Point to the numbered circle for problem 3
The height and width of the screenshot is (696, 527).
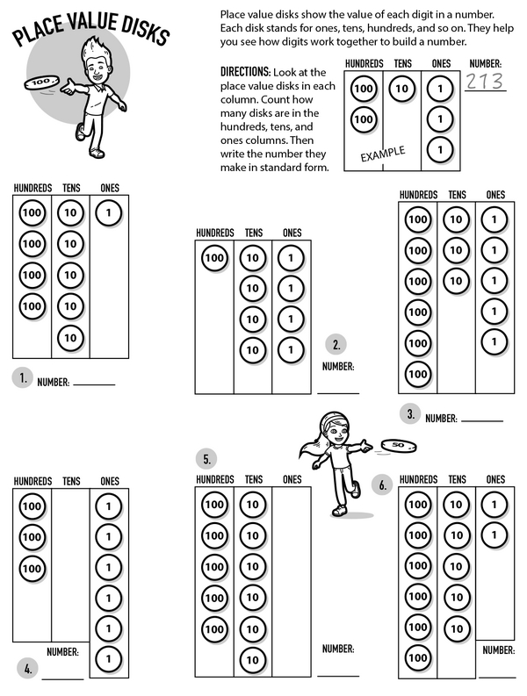click(x=410, y=413)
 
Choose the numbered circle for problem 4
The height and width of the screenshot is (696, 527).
click(x=28, y=669)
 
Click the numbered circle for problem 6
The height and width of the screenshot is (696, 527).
click(x=382, y=484)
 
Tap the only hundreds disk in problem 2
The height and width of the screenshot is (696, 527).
click(x=214, y=258)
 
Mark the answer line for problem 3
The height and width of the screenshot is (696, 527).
click(x=481, y=421)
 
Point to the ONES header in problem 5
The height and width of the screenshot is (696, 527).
click(x=292, y=479)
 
